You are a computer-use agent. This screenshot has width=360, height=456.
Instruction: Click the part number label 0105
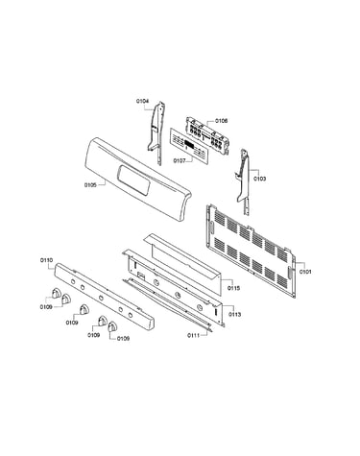(90, 185)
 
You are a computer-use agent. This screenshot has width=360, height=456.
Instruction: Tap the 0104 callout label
(142, 101)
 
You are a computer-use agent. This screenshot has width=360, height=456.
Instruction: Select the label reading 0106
(222, 121)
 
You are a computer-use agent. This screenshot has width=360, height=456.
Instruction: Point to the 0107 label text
(180, 160)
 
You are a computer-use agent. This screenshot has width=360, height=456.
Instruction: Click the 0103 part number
(259, 179)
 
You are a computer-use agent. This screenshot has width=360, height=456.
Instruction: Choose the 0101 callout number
(305, 272)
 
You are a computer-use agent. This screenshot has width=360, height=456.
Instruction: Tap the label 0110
(47, 260)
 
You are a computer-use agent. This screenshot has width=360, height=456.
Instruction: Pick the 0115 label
(233, 288)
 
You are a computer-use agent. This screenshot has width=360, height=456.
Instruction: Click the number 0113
(234, 315)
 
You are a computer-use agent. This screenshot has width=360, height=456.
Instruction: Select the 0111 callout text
(194, 335)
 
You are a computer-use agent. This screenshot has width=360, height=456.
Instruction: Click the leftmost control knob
(56, 293)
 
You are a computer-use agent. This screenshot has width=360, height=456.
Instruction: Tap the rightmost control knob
(112, 327)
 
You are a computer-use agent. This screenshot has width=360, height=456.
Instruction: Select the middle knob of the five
(84, 310)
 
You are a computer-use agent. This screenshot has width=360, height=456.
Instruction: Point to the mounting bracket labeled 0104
(156, 132)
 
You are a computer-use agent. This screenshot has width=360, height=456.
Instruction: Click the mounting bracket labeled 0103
(244, 180)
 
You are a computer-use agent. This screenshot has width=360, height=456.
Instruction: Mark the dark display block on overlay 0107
(189, 144)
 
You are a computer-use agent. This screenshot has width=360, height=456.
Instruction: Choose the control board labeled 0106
(207, 136)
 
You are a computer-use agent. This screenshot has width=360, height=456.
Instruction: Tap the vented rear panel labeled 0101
(251, 252)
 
